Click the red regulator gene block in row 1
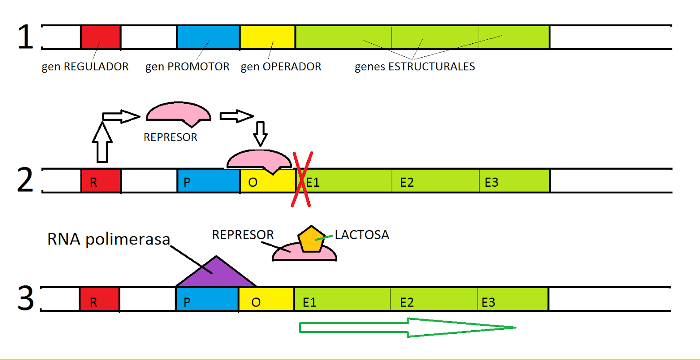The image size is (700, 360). point(101,37)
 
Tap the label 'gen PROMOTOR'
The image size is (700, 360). point(187,66)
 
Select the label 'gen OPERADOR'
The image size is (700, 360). point(281,66)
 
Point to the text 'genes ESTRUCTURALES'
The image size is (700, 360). point(414,66)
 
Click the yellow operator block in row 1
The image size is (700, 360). point(267,37)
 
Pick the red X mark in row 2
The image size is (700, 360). point(302,179)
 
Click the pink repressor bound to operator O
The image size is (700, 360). point(259,160)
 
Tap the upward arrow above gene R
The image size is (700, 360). point(102,142)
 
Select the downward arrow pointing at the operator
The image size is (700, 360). point(260,133)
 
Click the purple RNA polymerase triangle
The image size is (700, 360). point(216,274)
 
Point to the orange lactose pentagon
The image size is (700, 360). point(311,239)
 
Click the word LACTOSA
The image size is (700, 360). point(362,235)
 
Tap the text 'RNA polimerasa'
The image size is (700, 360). point(108,239)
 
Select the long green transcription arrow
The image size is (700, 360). point(407,327)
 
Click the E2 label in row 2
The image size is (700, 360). point(407,182)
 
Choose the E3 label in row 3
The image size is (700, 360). point(488,302)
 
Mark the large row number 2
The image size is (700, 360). point(25,180)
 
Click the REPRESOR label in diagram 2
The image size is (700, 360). point(170,137)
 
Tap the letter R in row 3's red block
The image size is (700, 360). point(93,302)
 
